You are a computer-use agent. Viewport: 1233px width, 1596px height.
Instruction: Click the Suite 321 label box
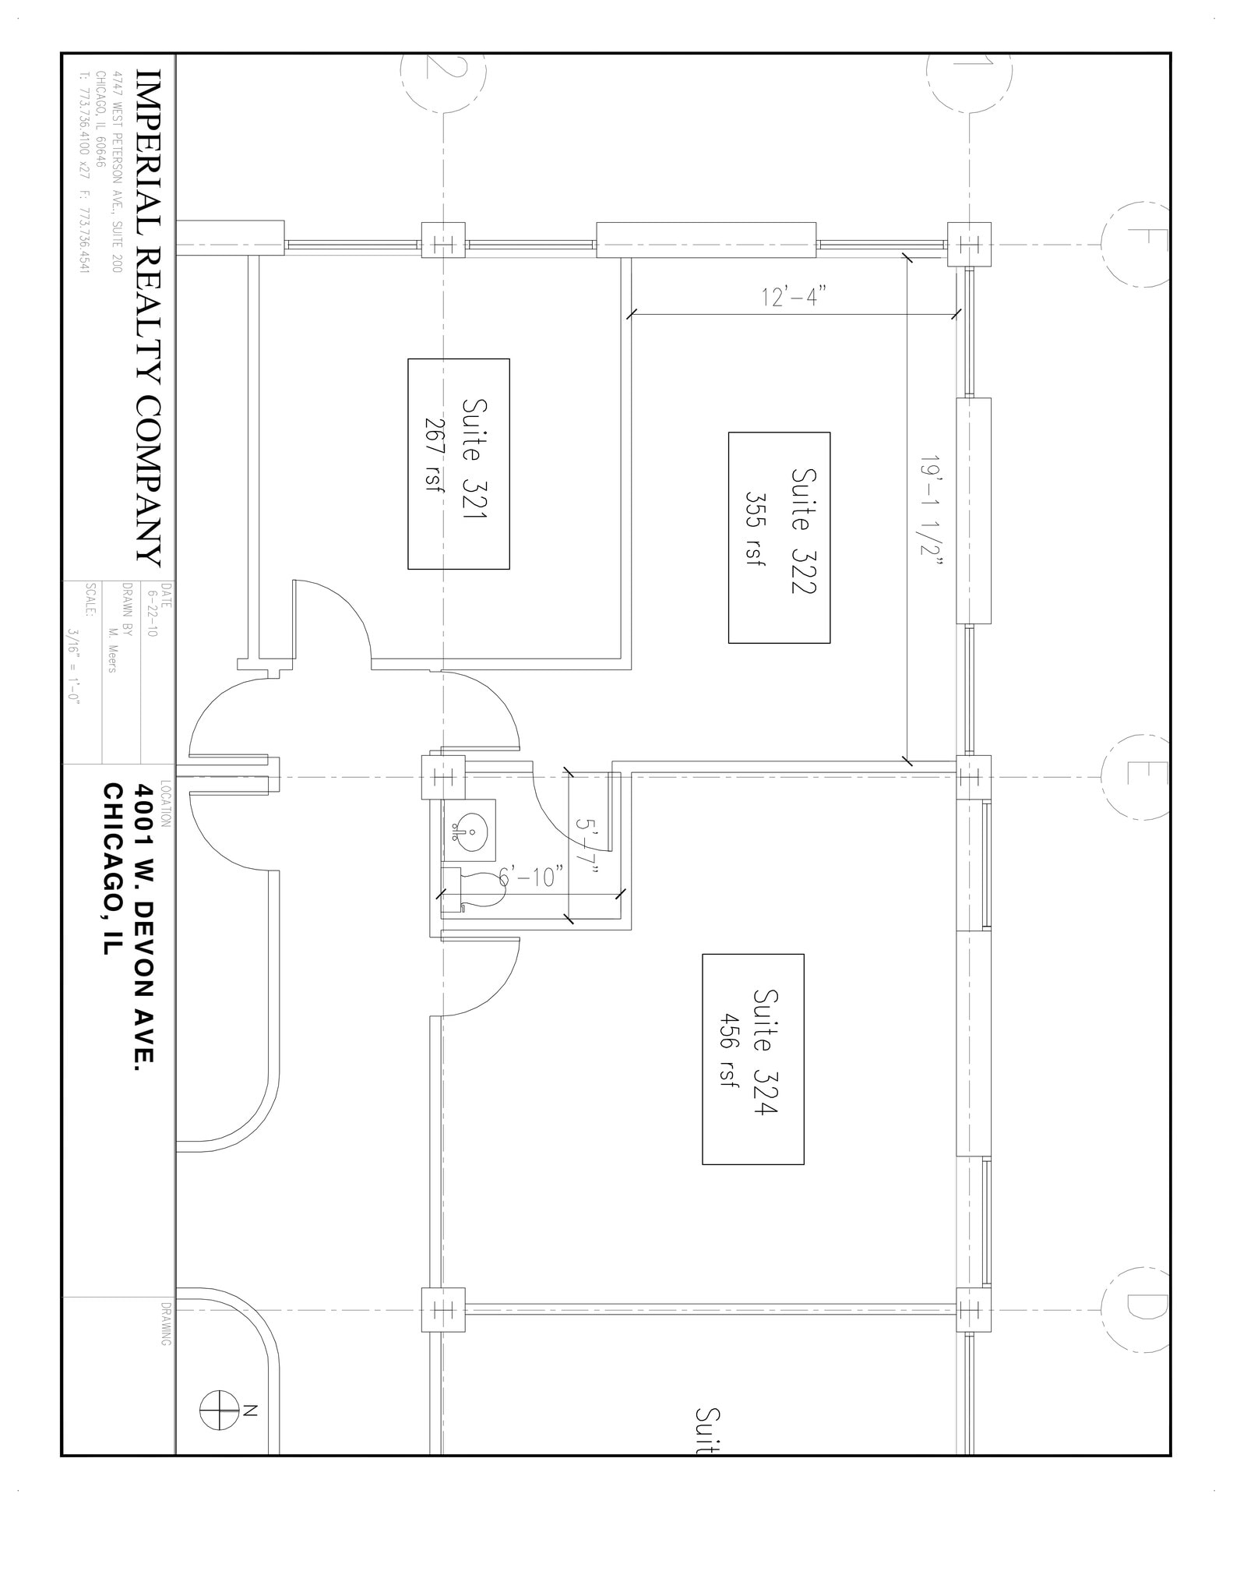click(x=459, y=464)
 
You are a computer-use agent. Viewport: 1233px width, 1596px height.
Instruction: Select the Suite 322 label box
click(x=779, y=538)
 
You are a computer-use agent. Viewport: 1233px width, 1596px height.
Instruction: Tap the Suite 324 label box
click(x=752, y=1059)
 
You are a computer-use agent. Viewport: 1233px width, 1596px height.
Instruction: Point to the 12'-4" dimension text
click(x=793, y=297)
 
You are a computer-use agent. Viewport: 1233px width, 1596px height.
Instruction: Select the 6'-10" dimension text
click(x=532, y=877)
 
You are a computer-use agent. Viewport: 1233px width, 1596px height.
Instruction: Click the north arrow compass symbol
click(x=219, y=1411)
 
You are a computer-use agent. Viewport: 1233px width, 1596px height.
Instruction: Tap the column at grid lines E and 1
click(x=969, y=777)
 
